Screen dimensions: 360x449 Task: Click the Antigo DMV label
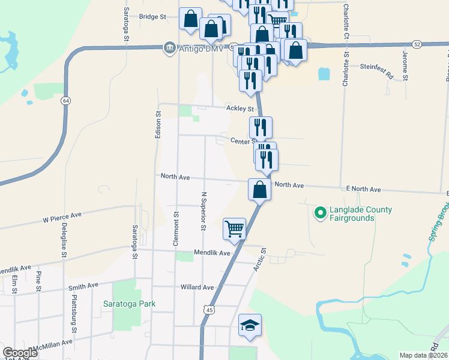click(x=194, y=49)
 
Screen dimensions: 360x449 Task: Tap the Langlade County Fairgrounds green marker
click(x=320, y=212)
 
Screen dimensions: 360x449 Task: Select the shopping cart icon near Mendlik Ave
click(x=234, y=229)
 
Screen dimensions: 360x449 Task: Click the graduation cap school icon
click(x=250, y=325)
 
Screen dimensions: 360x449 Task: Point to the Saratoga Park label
click(x=129, y=304)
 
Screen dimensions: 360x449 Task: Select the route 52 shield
click(x=417, y=44)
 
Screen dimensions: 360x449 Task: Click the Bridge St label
click(x=152, y=17)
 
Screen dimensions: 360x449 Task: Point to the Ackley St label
click(x=240, y=109)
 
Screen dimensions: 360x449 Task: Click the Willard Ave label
click(x=197, y=287)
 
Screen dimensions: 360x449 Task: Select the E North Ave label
click(x=363, y=189)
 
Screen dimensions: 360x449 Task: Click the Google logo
click(x=20, y=353)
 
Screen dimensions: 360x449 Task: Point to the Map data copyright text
click(x=424, y=355)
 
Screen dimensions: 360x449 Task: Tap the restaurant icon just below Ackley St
click(x=261, y=127)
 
